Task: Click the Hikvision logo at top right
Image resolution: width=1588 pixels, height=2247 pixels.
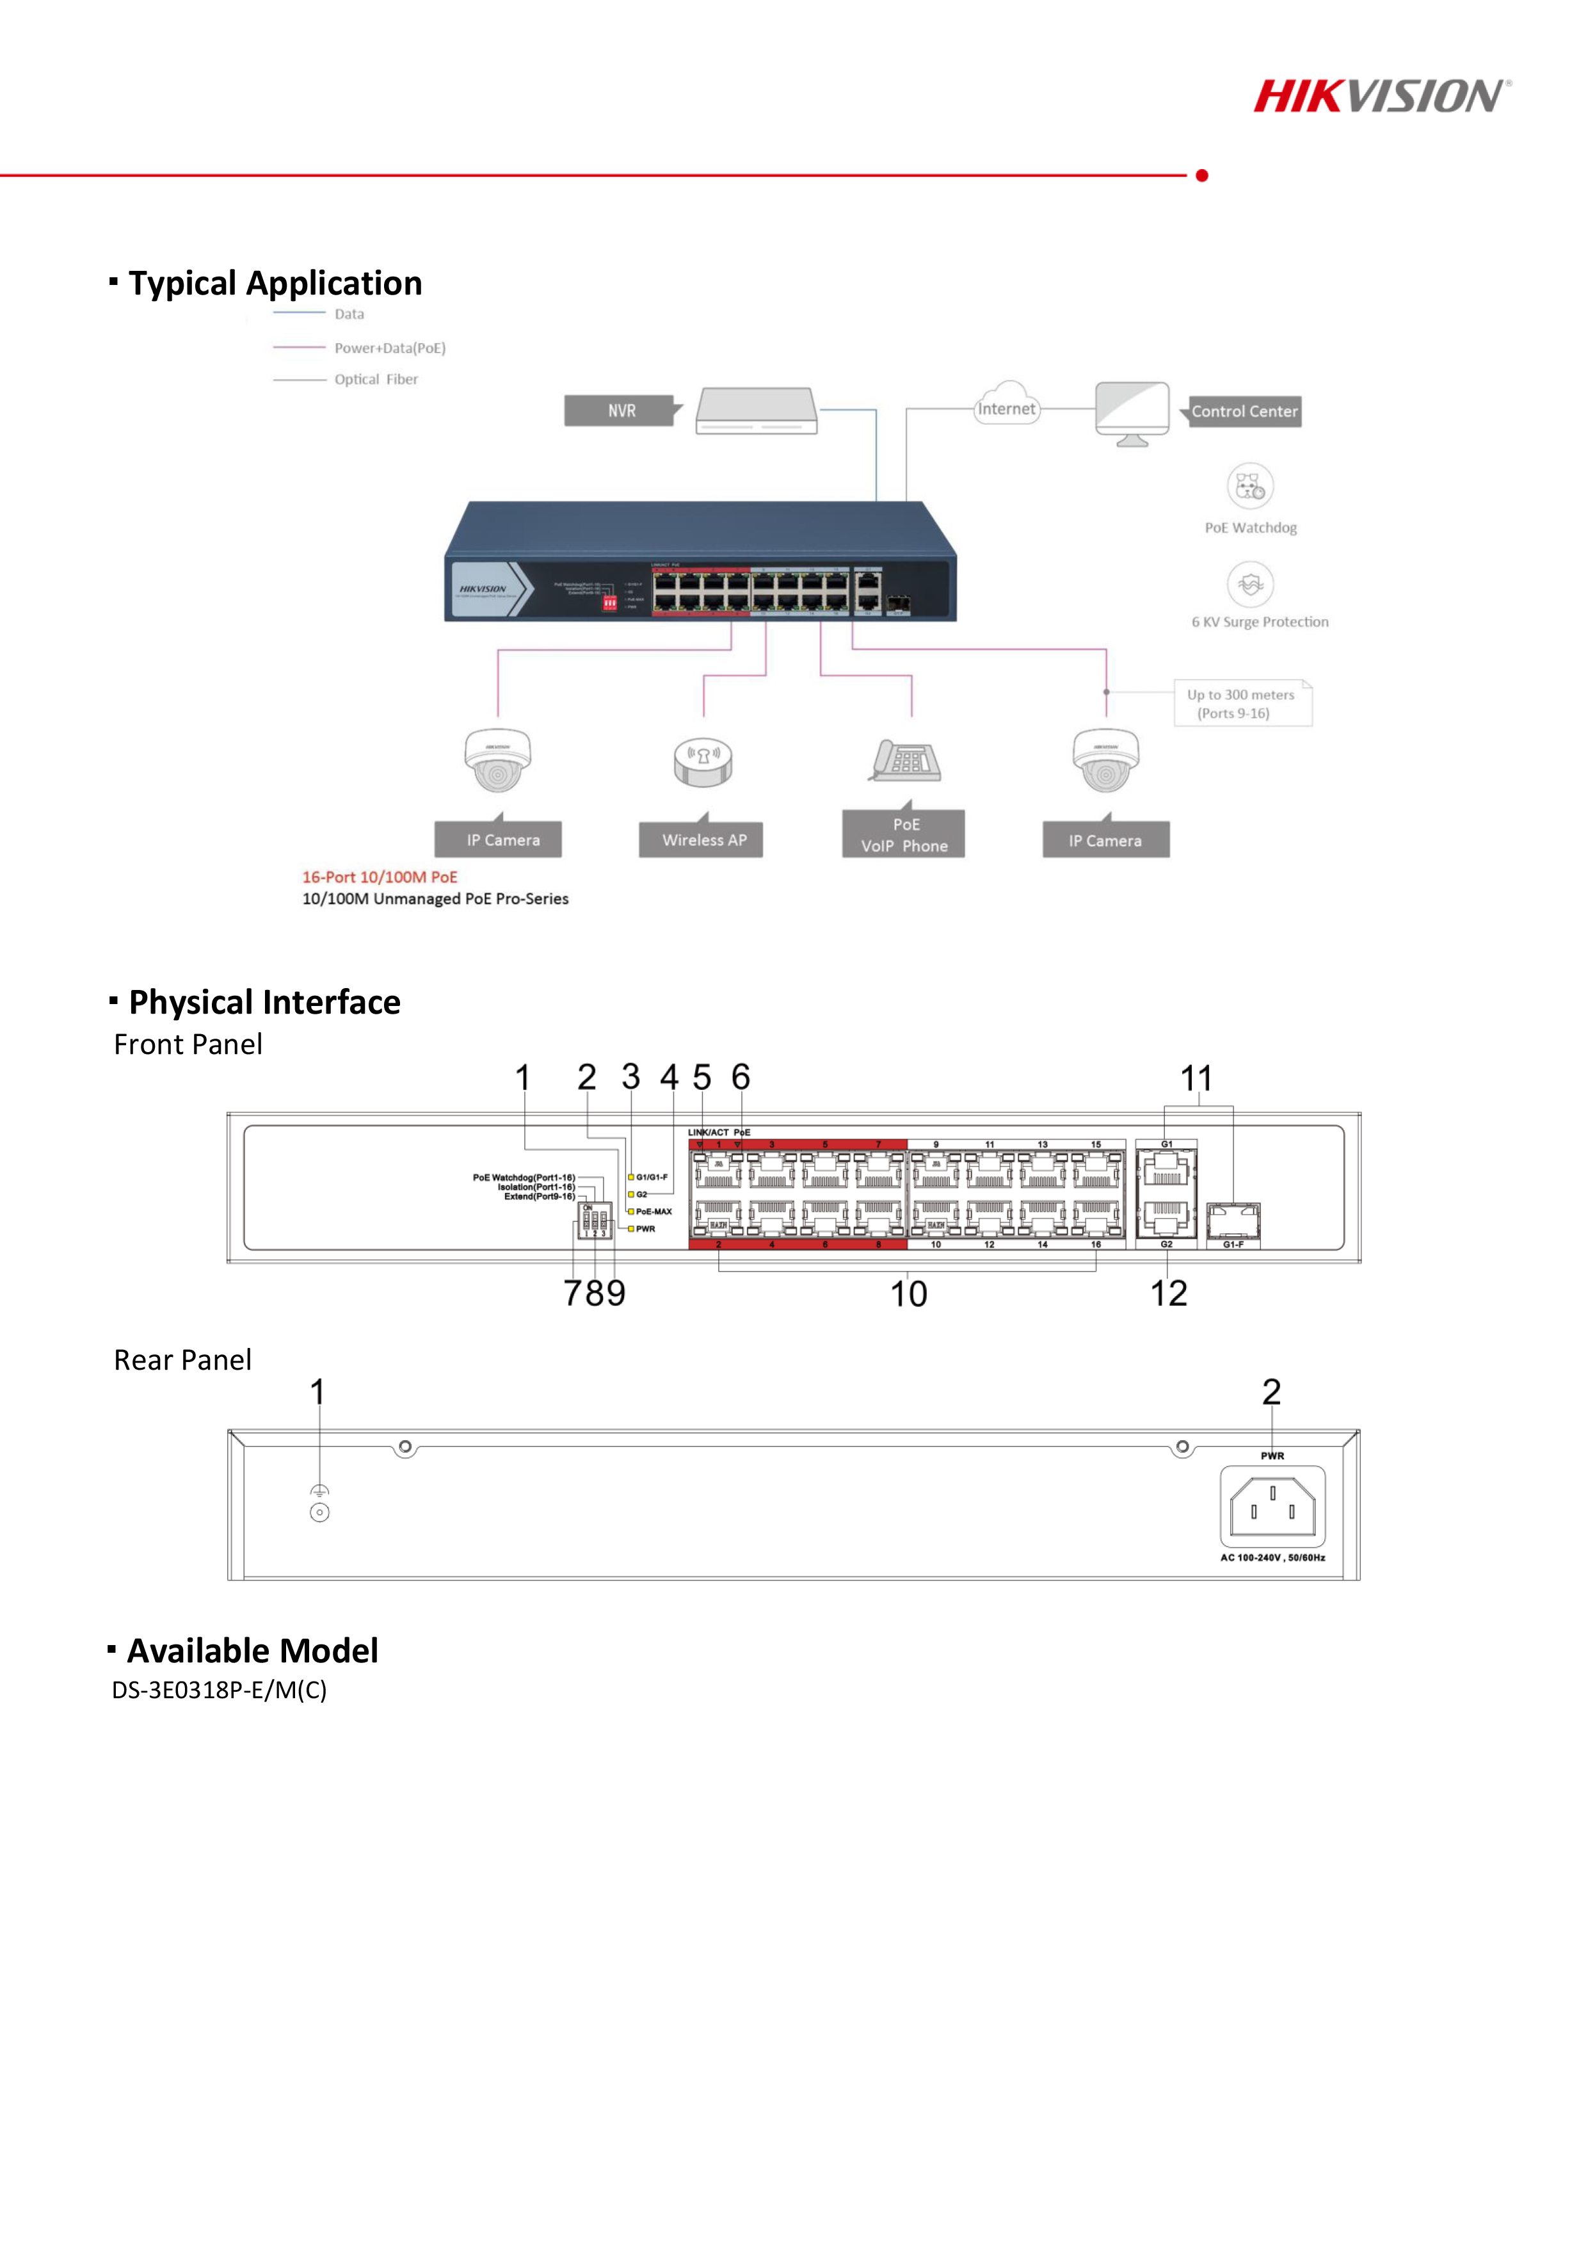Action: [1381, 96]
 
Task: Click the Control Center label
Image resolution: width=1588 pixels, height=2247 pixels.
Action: [1244, 412]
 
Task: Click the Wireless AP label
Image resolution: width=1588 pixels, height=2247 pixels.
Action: [703, 840]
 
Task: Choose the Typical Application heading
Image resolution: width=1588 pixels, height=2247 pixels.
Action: [275, 284]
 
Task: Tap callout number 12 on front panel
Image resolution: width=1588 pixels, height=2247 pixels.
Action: [1168, 1294]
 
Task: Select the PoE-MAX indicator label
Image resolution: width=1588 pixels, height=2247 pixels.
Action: [653, 1212]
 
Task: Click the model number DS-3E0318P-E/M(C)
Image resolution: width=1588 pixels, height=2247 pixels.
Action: [219, 1690]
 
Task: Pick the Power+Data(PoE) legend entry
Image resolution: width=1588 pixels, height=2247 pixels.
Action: [389, 348]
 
